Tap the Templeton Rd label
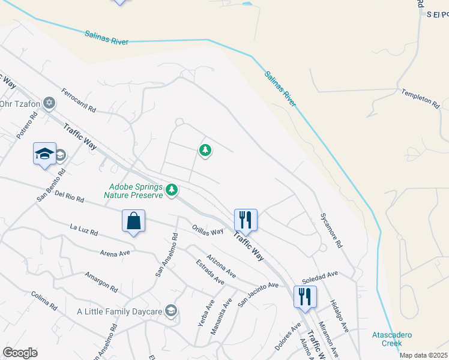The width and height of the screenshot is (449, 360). coord(421,99)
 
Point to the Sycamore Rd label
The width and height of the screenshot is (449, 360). coord(331,230)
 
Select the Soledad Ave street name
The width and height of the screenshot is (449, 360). coord(321,277)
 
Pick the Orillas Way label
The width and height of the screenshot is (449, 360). coord(208,230)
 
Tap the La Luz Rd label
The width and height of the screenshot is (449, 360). coord(83,229)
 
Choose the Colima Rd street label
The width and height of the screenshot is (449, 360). coord(44,300)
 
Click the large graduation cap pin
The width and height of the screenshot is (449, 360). coord(44,155)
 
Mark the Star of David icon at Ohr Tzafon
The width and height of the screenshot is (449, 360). coord(49,103)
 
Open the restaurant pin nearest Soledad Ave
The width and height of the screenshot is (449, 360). coord(305,297)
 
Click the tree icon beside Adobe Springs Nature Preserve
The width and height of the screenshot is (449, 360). coord(172,190)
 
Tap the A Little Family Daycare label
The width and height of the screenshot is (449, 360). coord(119,311)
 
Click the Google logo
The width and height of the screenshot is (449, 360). coord(20,353)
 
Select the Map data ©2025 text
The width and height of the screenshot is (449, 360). coord(423,355)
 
